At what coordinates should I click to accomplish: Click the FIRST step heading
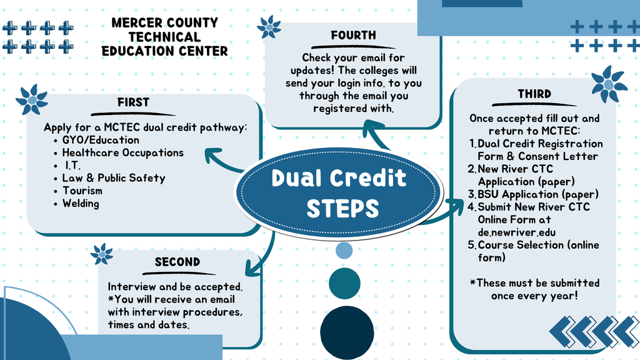pos(133,102)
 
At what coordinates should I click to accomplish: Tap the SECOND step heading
pos(177,262)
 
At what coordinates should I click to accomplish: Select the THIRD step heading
pos(534,94)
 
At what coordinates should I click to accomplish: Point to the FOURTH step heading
pos(353,36)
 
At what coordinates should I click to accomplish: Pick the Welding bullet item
pos(81,203)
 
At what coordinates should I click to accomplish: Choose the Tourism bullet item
pos(82,191)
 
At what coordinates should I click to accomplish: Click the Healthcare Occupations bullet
pos(122,152)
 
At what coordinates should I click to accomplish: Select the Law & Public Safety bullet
pos(114,178)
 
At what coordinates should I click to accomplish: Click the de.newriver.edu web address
pos(516,232)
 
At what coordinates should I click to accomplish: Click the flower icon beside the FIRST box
pos(32,99)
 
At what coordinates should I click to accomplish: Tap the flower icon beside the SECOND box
pos(102,254)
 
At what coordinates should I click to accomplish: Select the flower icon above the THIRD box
pos(609,84)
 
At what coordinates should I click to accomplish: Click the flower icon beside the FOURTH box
pos(269,27)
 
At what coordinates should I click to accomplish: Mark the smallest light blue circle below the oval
pos(344,250)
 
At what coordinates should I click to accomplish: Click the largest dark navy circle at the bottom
pos(345,332)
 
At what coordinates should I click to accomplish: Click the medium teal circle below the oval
pos(344,283)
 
